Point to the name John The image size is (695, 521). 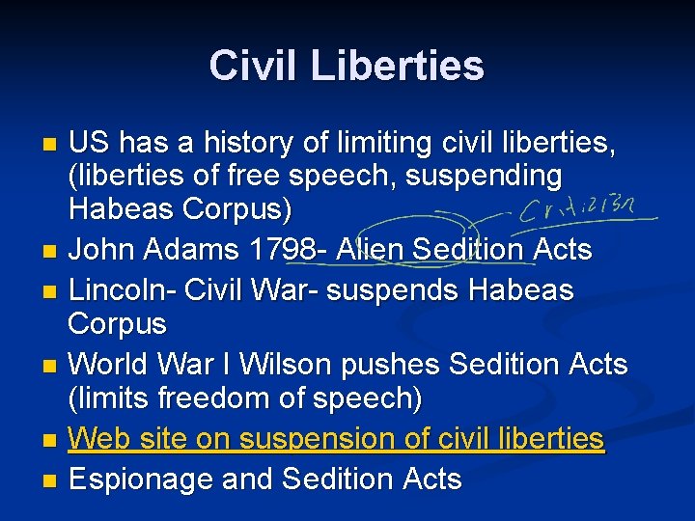tap(106, 250)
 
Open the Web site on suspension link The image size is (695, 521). tap(336, 439)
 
